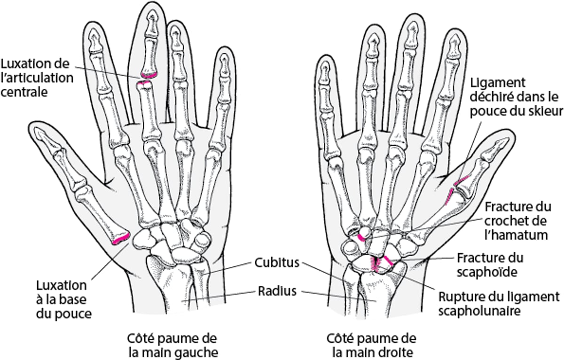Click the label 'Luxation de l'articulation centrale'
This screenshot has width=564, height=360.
(37, 78)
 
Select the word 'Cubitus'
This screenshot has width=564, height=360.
(277, 262)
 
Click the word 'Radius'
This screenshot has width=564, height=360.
(277, 291)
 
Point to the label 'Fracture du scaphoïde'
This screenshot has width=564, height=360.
(489, 265)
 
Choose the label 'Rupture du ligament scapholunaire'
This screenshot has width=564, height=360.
(499, 304)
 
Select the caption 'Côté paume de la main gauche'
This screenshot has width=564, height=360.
(172, 345)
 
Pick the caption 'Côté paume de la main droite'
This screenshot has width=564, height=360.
(371, 345)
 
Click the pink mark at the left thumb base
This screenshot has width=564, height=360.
(121, 239)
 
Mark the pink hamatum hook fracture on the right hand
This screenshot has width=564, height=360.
(362, 238)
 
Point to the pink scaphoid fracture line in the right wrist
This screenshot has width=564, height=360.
(388, 260)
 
